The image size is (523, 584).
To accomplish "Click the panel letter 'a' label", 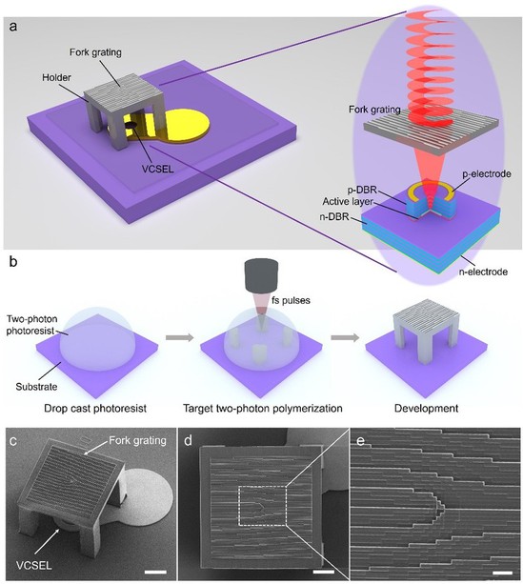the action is (13, 27).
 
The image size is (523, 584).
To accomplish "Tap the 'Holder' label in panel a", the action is (56, 77).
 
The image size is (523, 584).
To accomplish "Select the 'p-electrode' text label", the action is (487, 174).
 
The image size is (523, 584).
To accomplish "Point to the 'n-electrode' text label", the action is (483, 272).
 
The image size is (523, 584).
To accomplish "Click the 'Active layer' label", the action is (347, 202).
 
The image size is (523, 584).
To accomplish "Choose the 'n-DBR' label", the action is (334, 216).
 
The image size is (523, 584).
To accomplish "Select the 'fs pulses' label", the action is (291, 300).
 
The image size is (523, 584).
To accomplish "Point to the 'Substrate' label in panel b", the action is (36, 387).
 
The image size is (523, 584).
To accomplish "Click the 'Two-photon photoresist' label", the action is (32, 325).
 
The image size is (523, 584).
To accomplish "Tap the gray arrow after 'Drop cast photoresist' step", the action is (179, 338).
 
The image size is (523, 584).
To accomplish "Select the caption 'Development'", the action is (426, 408).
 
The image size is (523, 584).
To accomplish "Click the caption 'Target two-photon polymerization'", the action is (263, 408).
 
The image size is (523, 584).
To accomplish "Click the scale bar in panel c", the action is (155, 572).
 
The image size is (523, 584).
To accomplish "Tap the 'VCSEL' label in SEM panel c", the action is (34, 565).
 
